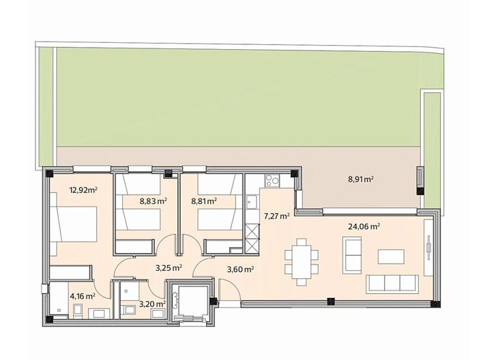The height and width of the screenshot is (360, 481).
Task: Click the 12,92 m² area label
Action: point(83,191)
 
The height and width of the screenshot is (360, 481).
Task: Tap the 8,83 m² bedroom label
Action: point(153,201)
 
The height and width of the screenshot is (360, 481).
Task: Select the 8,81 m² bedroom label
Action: point(203,201)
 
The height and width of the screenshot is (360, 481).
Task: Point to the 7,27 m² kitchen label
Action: point(276,215)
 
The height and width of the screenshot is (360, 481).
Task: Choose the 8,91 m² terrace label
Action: point(360,180)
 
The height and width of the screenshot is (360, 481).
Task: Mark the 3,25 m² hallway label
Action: point(169,268)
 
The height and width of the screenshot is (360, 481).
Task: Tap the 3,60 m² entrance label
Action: point(239,269)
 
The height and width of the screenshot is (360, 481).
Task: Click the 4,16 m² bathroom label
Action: point(83,296)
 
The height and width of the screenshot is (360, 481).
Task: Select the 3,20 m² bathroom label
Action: point(151,303)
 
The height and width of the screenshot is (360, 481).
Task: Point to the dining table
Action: point(301,260)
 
